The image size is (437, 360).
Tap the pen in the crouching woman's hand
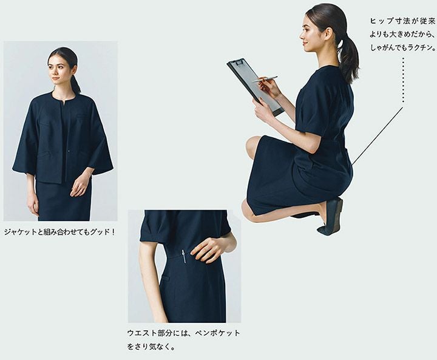(x=265, y=79)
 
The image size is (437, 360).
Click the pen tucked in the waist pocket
(x=184, y=256)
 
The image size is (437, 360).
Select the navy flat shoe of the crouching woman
(x=331, y=216)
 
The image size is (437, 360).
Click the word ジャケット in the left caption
(x=20, y=232)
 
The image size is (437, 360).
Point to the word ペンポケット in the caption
(x=217, y=333)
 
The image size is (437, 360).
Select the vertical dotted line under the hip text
(x=403, y=80)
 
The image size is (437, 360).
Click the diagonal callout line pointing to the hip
(x=378, y=136)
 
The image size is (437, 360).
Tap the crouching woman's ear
(x=328, y=31)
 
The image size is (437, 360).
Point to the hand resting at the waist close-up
(x=208, y=250)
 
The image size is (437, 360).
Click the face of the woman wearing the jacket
(x=59, y=69)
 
